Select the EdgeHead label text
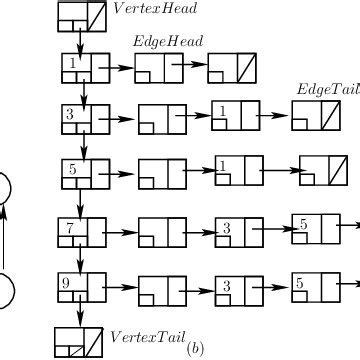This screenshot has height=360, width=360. click(161, 41)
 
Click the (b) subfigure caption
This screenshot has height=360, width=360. click(196, 348)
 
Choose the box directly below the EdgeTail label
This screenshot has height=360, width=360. click(316, 118)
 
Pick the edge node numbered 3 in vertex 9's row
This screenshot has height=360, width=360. click(237, 289)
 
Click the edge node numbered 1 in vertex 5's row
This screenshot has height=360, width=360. click(237, 169)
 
